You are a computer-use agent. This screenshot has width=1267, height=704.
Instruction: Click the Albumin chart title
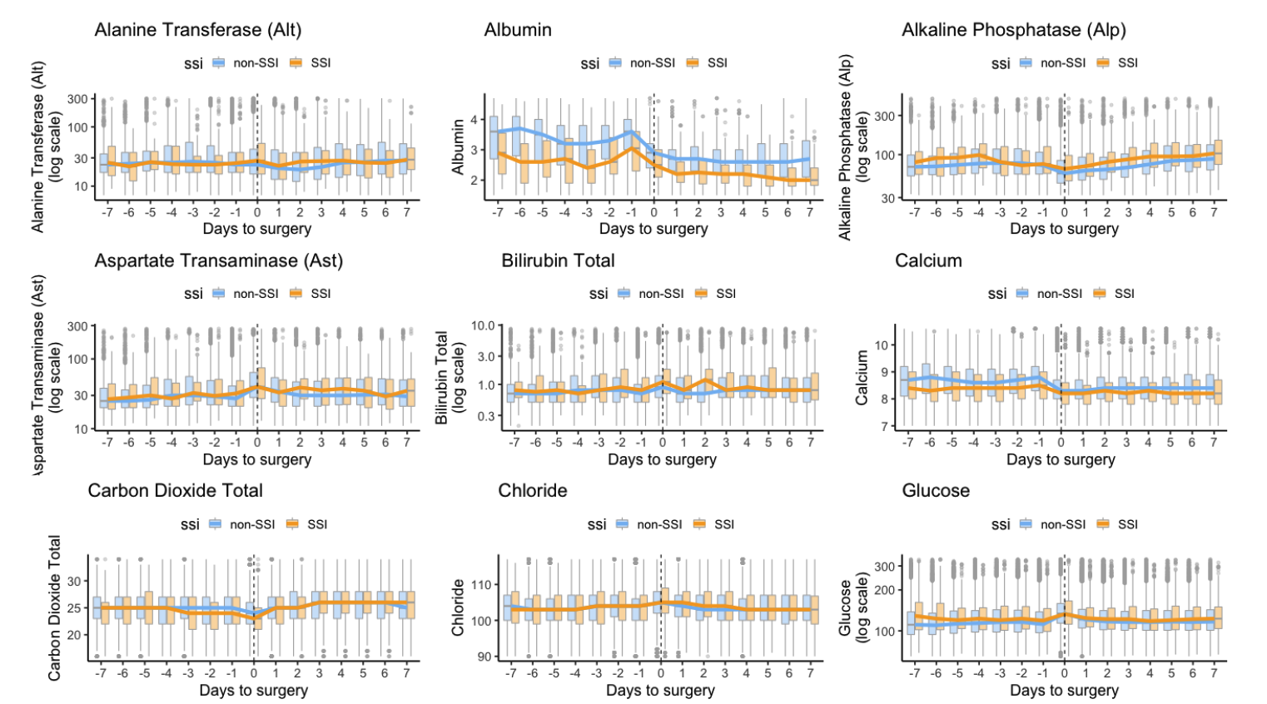coord(518,30)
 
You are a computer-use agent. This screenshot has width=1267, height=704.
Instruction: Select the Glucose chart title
coord(936,491)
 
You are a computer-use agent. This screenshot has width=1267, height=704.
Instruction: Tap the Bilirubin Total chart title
coord(558,260)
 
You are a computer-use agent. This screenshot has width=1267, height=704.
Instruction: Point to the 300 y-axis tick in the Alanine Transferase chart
coord(77,99)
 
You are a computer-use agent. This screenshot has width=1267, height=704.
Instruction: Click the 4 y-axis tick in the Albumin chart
coord(475,120)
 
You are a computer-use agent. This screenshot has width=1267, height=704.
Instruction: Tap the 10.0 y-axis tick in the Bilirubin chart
coord(483,325)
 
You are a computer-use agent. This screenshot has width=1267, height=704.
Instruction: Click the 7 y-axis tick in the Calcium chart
coord(884,427)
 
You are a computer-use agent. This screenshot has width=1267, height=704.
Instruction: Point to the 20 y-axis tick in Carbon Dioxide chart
coord(75,635)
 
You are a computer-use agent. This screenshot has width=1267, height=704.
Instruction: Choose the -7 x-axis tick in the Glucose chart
coord(914,672)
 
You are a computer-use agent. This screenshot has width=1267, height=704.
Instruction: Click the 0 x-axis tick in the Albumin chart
coord(654,212)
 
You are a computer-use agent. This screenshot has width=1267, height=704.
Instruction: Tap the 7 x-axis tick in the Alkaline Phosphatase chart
coord(1214,212)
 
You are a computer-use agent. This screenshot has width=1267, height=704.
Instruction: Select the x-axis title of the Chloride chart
coord(660,691)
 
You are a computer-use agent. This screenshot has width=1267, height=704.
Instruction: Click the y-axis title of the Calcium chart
coord(862,377)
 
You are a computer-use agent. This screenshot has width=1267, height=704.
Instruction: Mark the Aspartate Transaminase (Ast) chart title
coord(218,260)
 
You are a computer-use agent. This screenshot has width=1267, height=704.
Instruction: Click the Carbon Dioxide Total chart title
coord(175,491)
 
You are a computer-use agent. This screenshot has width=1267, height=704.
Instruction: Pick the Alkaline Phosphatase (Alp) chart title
coord(1013,30)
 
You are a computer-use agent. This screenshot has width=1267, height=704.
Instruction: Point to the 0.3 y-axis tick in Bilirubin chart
coord(485,416)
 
